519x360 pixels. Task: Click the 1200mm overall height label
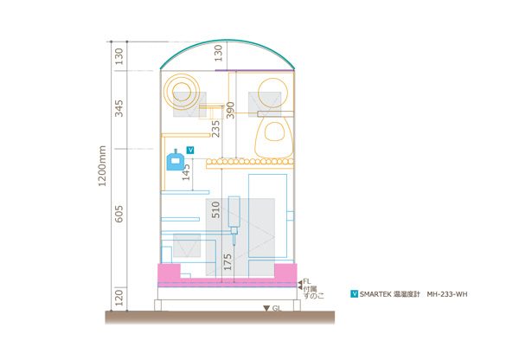coord(103,166)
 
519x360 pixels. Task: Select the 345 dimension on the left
coord(119,108)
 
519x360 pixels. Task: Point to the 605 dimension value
coord(119,214)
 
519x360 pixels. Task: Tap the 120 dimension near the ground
coord(119,298)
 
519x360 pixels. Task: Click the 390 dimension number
coord(230,110)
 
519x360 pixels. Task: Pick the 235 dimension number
coord(215,129)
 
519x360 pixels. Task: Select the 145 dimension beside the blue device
coord(186,172)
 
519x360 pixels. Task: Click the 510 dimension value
coord(215,209)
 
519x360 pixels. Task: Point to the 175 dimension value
coord(227,262)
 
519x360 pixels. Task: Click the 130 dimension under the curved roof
coord(219,53)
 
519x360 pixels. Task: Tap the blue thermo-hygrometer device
coord(175,160)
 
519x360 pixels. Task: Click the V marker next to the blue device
coord(190,151)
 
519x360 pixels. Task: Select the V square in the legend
coord(354,293)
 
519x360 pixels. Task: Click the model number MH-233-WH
coord(447,294)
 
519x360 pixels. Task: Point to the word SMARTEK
coord(375,294)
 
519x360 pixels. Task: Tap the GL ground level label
coord(277,308)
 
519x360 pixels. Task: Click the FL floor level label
coord(307,282)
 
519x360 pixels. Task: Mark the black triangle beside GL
coord(266,308)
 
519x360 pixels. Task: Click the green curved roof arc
coord(227,41)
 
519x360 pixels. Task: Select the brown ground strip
coord(220,318)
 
